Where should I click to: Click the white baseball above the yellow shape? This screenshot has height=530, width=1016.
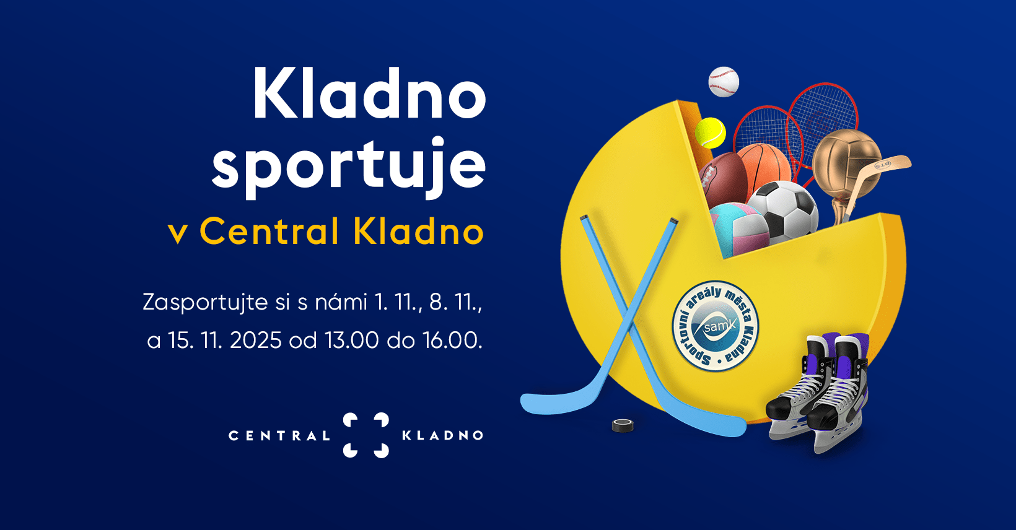pyautogui.click(x=724, y=82)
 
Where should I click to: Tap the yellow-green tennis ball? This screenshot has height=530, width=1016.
pyautogui.click(x=711, y=133)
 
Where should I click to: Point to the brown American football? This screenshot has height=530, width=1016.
pyautogui.click(x=722, y=180)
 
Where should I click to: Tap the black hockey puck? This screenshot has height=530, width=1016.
pyautogui.click(x=623, y=425)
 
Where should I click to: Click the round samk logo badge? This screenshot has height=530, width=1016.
pyautogui.click(x=716, y=325)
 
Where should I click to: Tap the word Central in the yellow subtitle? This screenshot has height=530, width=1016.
pyautogui.click(x=269, y=232)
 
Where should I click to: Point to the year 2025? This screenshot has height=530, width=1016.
pyautogui.click(x=256, y=340)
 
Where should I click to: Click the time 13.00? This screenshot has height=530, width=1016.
pyautogui.click(x=351, y=340)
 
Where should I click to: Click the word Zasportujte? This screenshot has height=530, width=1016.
pyautogui.click(x=206, y=303)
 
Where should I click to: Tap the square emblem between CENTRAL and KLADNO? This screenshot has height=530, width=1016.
pyautogui.click(x=366, y=435)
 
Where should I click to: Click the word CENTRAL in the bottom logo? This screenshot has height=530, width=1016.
pyautogui.click(x=279, y=436)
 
